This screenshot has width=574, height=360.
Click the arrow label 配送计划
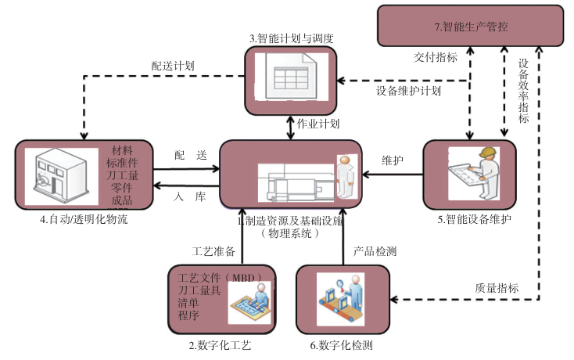pyautogui.click(x=173, y=66)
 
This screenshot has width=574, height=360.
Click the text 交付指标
pyautogui.click(x=436, y=57)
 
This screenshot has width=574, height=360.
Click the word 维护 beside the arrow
pyautogui.click(x=393, y=160)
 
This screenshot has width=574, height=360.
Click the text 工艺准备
pyautogui.click(x=214, y=251)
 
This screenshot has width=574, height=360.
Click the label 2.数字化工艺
pyautogui.click(x=221, y=344)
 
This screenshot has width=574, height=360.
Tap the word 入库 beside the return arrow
pyautogui.click(x=190, y=196)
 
